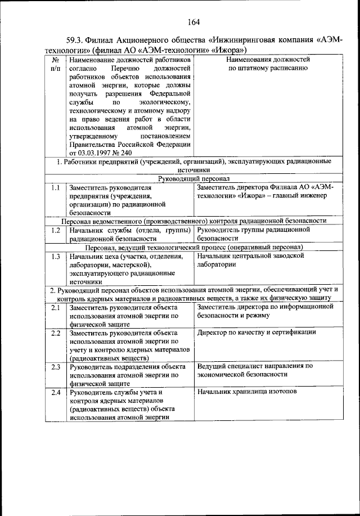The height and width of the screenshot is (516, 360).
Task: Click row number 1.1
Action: coord(55,187)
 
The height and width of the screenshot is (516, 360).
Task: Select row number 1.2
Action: coord(55,230)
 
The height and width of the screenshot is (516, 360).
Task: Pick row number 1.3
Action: coord(55,257)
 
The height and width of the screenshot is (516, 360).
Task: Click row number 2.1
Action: coord(55,308)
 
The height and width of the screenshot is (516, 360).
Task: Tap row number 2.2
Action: coord(55,333)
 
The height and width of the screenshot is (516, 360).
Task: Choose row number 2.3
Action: coord(55,367)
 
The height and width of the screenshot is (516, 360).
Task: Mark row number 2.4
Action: coord(55,392)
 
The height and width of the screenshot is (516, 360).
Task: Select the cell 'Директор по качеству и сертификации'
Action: coord(256,333)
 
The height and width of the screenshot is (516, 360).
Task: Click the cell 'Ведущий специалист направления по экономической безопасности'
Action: coord(255,370)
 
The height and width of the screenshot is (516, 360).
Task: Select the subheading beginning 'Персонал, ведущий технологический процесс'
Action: coord(194,247)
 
